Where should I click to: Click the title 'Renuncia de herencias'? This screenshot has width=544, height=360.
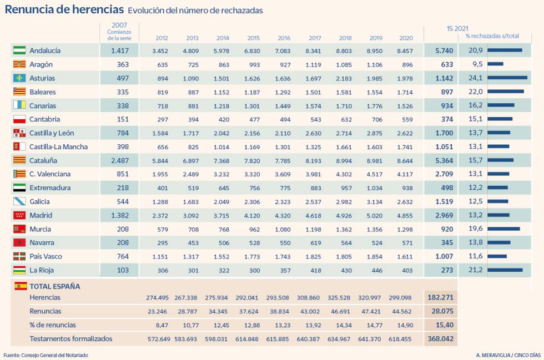click(x=64, y=9)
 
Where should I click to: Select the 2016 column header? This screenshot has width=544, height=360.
click(x=284, y=38)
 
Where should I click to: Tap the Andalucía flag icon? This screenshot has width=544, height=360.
click(x=19, y=50)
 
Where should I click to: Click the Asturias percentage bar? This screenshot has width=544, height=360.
click(x=507, y=78)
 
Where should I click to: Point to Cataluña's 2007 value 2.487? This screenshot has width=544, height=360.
click(x=119, y=160)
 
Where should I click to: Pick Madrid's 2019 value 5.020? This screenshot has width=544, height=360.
click(x=376, y=215)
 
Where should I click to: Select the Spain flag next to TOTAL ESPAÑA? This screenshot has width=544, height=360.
click(x=21, y=286)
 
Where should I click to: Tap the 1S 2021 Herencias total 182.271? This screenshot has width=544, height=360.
click(x=441, y=297)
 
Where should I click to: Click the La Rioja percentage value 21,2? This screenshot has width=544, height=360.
click(x=475, y=270)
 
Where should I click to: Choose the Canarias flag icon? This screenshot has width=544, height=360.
click(x=19, y=105)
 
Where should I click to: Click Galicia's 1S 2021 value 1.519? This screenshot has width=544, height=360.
click(x=443, y=202)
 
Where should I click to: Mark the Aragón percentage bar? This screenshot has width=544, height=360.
click(x=495, y=64)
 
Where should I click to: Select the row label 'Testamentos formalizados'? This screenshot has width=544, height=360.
click(x=70, y=338)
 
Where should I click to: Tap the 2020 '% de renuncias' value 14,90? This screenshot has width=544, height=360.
click(x=406, y=325)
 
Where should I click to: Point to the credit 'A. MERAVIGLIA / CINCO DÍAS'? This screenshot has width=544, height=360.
click(x=507, y=355)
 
